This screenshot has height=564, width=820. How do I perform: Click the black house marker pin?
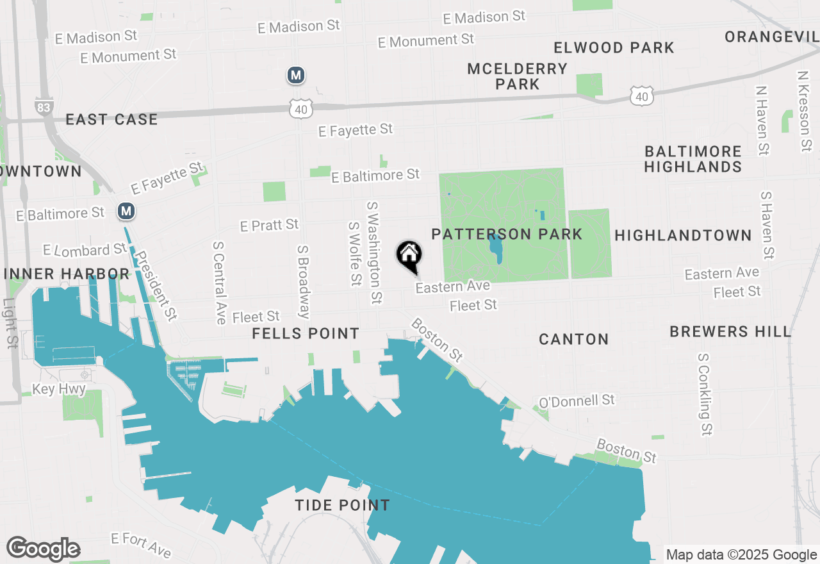pyautogui.click(x=409, y=256)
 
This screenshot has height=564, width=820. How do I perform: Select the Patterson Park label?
pyautogui.click(x=507, y=234)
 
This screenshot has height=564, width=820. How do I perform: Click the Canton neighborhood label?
pyautogui.click(x=573, y=339)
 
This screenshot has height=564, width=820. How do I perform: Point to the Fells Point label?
pyautogui.click(x=306, y=333)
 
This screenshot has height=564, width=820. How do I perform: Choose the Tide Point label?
pyautogui.click(x=342, y=505)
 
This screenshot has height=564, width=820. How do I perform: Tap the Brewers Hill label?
pyautogui.click(x=730, y=331)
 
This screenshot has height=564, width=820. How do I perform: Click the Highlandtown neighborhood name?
pyautogui.click(x=683, y=235)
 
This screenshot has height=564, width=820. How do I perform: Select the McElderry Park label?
pyautogui.click(x=517, y=76)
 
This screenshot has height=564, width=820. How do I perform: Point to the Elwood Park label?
pyautogui.click(x=614, y=47)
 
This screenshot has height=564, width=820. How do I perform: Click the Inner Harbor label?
pyautogui.click(x=67, y=274)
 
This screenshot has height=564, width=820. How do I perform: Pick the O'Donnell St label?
pyautogui.click(x=577, y=401)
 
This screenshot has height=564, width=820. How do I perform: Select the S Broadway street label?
pyautogui.click(x=304, y=281)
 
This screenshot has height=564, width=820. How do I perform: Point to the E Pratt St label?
pyautogui.click(x=269, y=225)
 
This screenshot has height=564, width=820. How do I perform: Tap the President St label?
pyautogui.click(x=158, y=285)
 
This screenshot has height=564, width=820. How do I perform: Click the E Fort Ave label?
pyautogui.click(x=141, y=544)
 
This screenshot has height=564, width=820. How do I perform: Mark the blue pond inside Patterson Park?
pyautogui.click(x=495, y=249)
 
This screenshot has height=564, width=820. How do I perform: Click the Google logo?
pyautogui.click(x=43, y=549)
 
